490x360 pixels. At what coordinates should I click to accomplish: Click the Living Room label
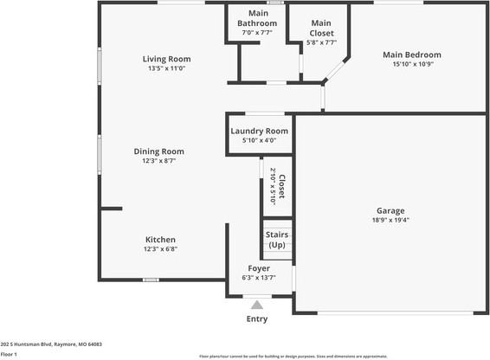(165, 59)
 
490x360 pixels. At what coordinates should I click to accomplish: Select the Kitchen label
(160, 240)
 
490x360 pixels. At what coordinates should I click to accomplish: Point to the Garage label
(390, 210)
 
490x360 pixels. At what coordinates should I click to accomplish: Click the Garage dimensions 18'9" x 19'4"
(390, 220)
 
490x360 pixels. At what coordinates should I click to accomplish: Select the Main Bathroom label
(258, 19)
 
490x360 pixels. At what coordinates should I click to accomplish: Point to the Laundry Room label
(259, 131)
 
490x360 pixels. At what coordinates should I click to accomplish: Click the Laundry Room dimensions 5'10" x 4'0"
(259, 140)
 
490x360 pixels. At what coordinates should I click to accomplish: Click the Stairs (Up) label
(276, 240)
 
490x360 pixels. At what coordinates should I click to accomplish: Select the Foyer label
(259, 268)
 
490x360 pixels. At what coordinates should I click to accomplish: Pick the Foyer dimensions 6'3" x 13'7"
(259, 278)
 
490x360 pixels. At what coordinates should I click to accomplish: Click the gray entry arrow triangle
(257, 304)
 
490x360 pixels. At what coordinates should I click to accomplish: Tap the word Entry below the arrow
(257, 319)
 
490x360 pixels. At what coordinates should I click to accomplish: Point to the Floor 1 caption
(10, 354)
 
